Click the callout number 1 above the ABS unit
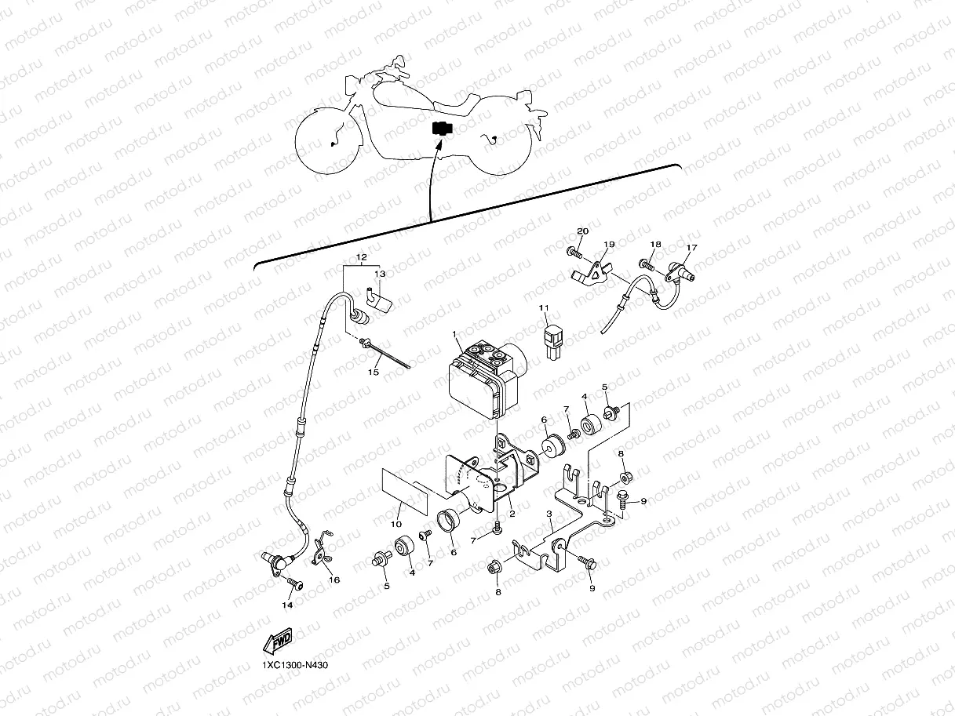454,334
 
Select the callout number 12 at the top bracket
361,257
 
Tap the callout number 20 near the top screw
581,231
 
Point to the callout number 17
691,248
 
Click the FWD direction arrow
279,641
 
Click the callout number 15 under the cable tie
374,372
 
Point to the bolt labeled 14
295,583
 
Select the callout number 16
334,580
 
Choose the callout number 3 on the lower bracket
550,514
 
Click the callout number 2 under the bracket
512,514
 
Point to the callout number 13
380,274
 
